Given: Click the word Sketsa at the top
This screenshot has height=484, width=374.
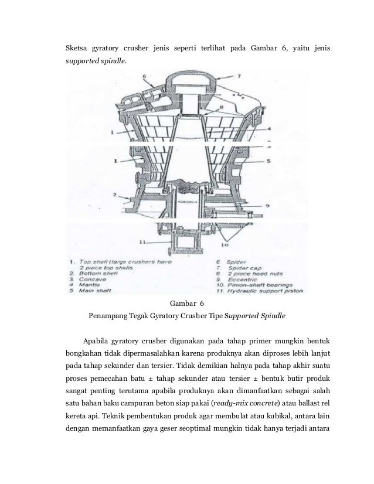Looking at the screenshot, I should click(x=75, y=47).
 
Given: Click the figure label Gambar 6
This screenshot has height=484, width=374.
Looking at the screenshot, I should click(x=186, y=304).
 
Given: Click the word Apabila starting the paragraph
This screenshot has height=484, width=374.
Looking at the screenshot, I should click(x=100, y=341).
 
